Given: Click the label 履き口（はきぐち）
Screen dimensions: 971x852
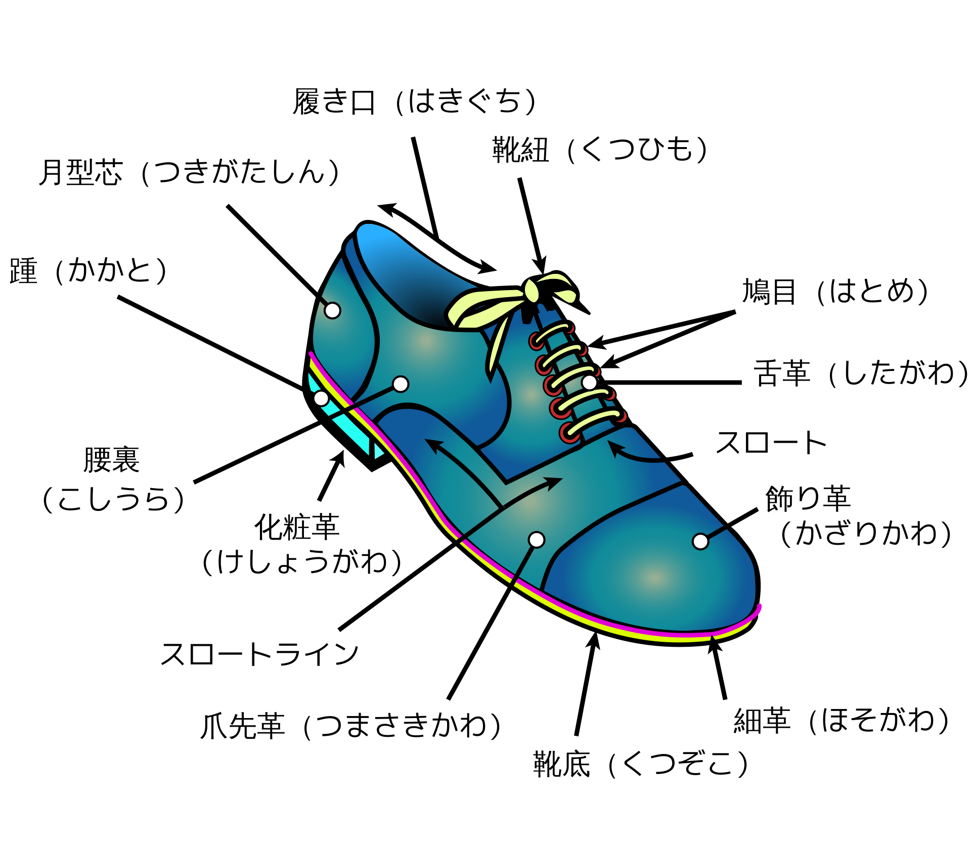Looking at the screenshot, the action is click(x=414, y=102).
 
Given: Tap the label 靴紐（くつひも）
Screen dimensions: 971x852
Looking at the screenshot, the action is click(x=600, y=150).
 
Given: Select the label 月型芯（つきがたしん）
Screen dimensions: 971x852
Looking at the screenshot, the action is click(x=189, y=172).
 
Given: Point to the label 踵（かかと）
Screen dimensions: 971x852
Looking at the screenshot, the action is click(x=88, y=270).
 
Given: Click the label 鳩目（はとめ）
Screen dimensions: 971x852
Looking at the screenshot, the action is click(x=835, y=292).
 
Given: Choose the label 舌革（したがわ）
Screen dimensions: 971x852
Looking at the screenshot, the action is click(x=860, y=373).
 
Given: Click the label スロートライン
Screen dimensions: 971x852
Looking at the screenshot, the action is click(x=259, y=654).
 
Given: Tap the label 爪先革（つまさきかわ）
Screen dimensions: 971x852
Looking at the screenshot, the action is click(x=351, y=726).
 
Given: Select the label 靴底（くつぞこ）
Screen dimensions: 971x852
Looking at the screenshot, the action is click(x=641, y=764).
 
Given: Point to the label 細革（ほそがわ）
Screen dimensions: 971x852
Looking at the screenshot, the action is click(x=842, y=720).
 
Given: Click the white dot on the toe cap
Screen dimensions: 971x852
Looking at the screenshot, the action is click(x=700, y=541).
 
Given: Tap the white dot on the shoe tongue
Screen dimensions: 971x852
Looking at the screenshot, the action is click(x=589, y=383).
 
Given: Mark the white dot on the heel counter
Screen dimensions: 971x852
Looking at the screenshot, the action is click(x=332, y=310).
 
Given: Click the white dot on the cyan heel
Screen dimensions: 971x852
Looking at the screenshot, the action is click(x=321, y=398).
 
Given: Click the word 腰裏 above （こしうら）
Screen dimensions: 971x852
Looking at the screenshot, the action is click(x=111, y=460).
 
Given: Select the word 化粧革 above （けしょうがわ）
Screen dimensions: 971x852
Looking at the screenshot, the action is click(x=297, y=527).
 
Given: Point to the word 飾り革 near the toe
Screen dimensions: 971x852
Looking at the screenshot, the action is click(x=808, y=499).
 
